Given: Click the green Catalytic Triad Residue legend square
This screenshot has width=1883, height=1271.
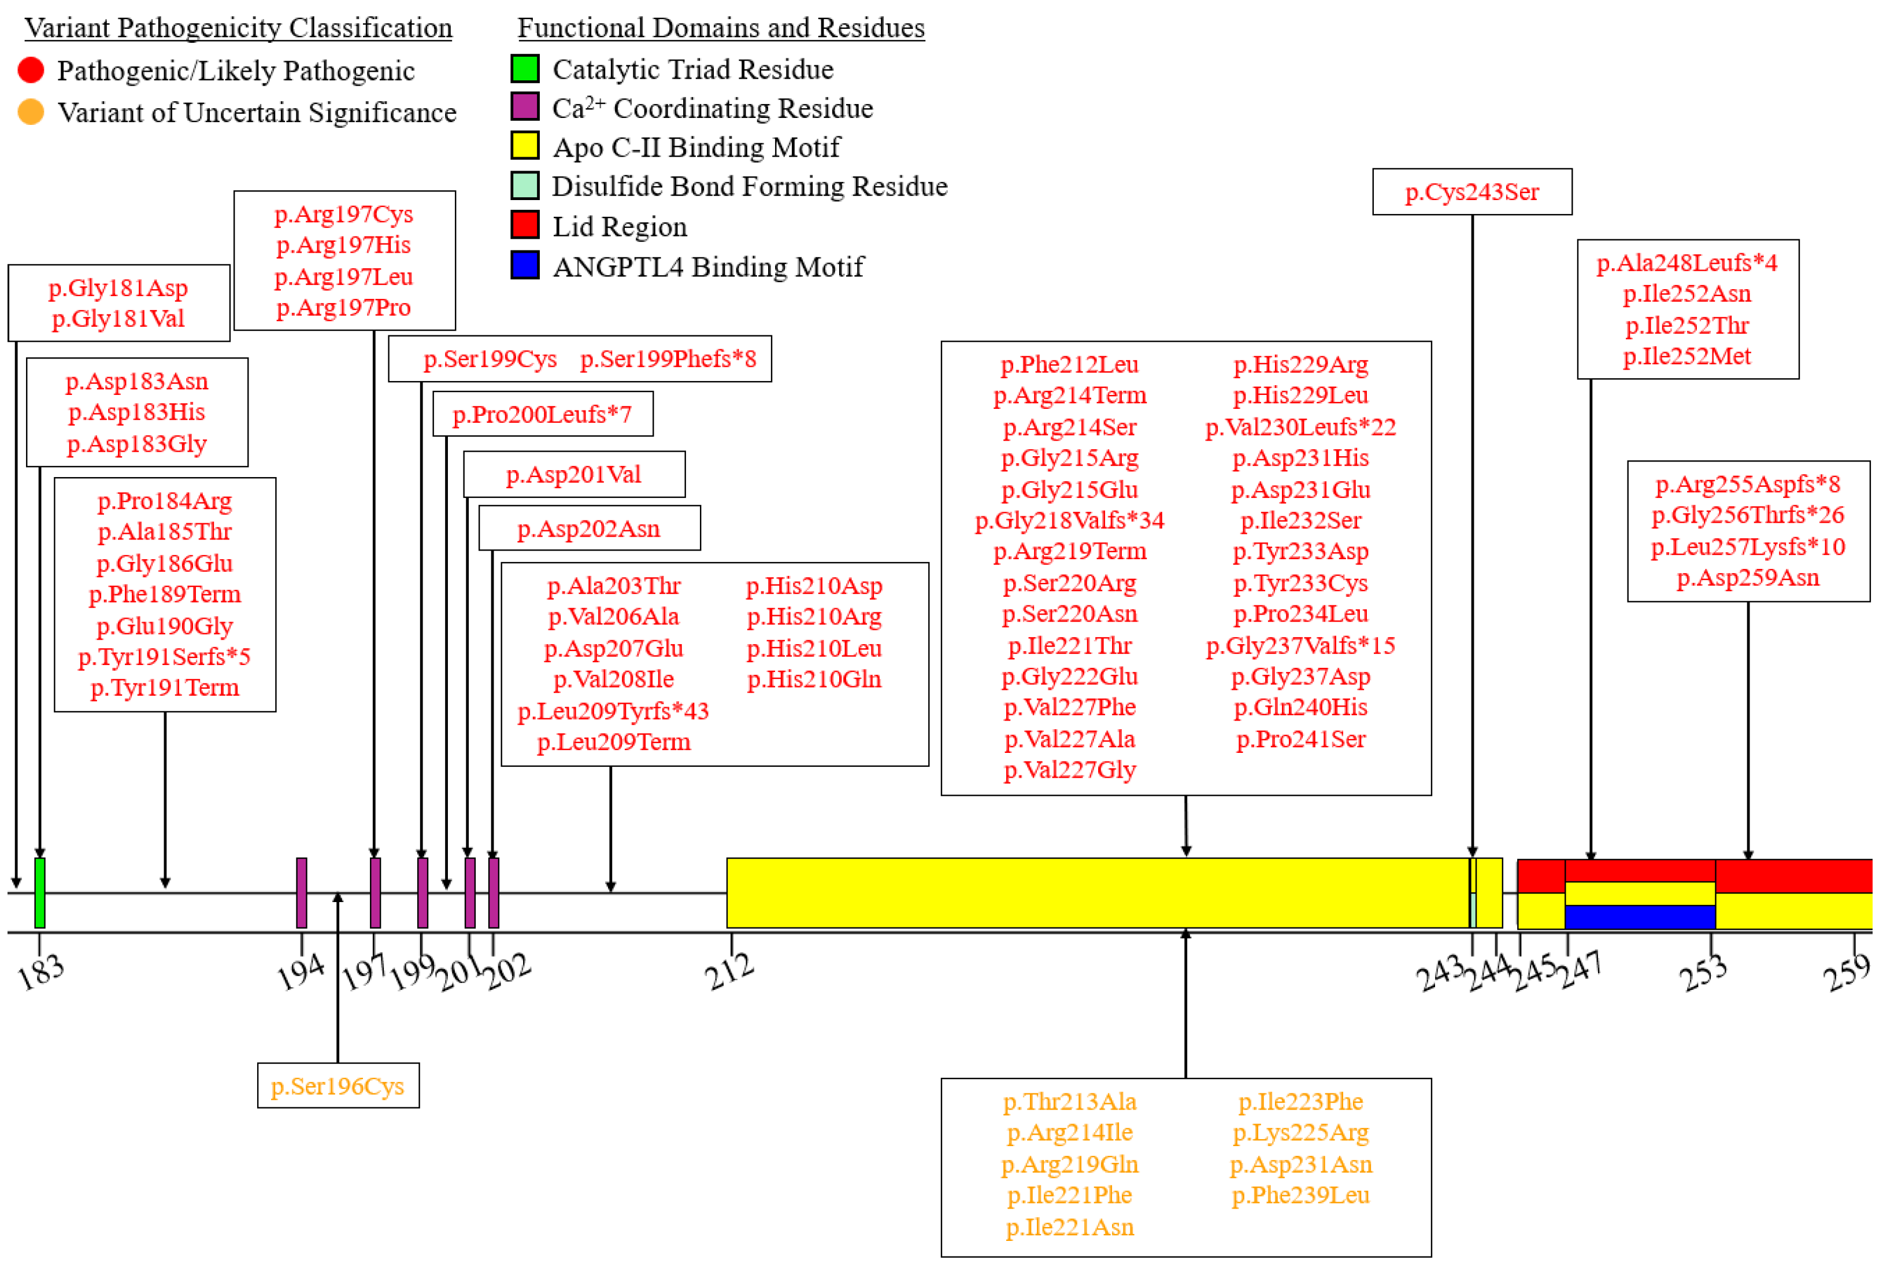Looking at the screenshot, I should click(525, 69).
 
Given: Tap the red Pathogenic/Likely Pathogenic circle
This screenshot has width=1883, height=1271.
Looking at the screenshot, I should click(31, 71).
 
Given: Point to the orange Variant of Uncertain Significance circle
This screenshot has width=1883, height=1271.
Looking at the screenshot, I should click(31, 112).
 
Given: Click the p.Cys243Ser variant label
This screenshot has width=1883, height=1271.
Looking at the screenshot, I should click(1471, 192).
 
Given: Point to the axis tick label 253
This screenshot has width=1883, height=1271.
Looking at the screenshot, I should click(1703, 973).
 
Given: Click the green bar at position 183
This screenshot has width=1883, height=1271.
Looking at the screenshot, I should click(40, 892).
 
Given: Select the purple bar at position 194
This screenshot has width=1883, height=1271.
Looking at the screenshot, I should click(302, 892).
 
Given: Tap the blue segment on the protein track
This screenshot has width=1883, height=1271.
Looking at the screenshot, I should click(1640, 917).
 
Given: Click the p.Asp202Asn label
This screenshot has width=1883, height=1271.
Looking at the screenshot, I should click(588, 529).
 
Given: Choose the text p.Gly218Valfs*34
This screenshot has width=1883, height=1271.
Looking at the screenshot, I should click(1069, 520).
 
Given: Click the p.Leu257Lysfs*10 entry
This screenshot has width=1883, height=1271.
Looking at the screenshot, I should click(1748, 547).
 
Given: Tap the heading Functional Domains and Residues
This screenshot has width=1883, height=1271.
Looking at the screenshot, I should click(721, 28).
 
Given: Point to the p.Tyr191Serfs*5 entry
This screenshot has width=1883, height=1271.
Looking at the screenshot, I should click(165, 656).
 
